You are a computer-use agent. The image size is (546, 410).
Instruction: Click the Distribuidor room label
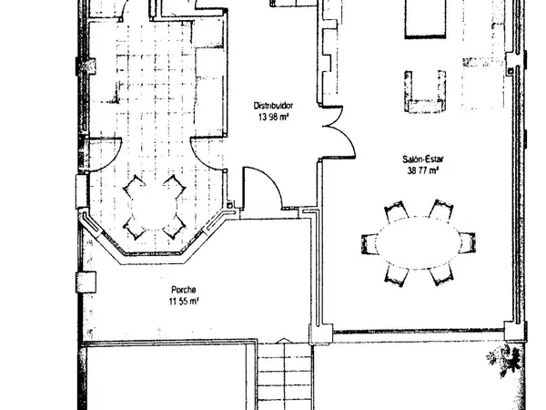pyautogui.click(x=273, y=106)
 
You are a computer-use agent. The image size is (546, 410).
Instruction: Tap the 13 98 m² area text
pyautogui.click(x=273, y=117)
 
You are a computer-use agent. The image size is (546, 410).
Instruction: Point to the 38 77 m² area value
pyautogui.click(x=423, y=170)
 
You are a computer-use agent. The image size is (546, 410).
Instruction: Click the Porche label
pyautogui.click(x=184, y=290)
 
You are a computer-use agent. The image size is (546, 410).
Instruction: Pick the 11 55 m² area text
pyautogui.click(x=184, y=302)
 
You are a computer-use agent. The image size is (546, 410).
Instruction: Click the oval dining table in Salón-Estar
pyautogui.click(x=419, y=242)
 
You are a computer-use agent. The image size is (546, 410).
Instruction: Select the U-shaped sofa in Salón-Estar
pyautogui.click(x=425, y=92)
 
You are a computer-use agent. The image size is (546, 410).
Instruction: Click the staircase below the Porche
pyautogui.click(x=285, y=376)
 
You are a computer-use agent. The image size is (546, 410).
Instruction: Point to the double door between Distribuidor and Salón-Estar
pyautogui.click(x=337, y=132)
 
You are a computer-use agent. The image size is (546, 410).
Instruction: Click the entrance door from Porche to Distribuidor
pyautogui.click(x=262, y=189)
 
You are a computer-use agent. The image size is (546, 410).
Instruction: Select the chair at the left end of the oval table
pyautogui.click(x=369, y=243)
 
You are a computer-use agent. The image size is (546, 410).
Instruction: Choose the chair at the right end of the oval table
pyautogui.click(x=467, y=242)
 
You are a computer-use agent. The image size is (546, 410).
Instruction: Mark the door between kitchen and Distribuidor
pyautogui.click(x=208, y=154)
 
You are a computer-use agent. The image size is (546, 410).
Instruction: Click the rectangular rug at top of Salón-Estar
pyautogui.click(x=425, y=18)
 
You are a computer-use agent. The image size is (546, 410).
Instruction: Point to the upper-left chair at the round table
pyautogui.click(x=135, y=187)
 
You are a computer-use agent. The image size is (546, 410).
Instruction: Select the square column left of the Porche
pyautogui.click(x=86, y=282)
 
